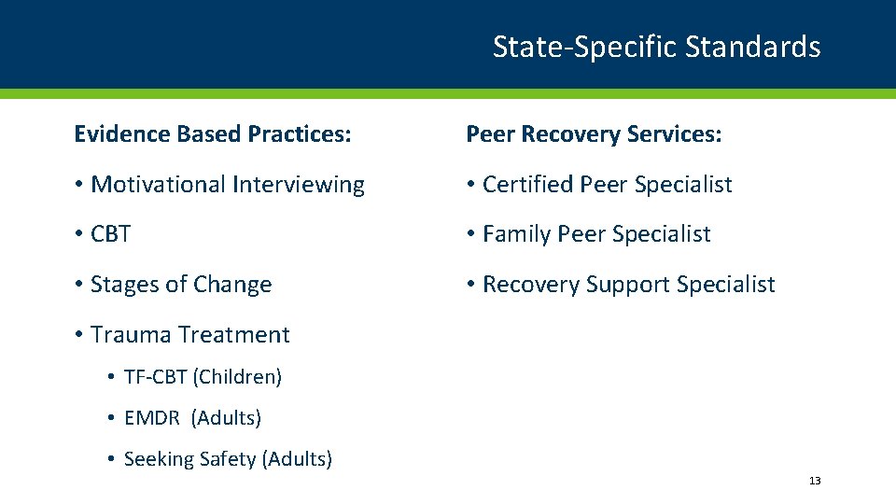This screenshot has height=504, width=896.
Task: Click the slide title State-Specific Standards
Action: coord(656,47)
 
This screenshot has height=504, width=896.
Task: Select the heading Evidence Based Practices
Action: coord(213,134)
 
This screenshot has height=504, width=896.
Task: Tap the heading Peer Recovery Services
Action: coord(594,134)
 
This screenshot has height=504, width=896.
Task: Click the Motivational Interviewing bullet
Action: coord(227,185)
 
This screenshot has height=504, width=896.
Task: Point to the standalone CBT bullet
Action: coord(110,234)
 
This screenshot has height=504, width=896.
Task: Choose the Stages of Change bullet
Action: coord(181,285)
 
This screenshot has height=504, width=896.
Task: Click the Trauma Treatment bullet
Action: coord(189,334)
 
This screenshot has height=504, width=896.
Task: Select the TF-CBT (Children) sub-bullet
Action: coord(202,377)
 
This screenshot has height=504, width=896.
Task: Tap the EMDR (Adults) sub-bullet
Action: coord(192,418)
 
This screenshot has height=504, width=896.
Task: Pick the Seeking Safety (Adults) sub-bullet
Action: coord(227,459)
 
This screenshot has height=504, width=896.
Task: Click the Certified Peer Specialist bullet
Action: coord(607,185)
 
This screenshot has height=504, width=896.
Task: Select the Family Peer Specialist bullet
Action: coord(596,234)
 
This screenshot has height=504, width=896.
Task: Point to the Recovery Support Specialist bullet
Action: coord(628,285)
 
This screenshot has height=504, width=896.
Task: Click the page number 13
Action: coord(815,481)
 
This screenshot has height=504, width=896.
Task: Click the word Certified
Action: coord(527,185)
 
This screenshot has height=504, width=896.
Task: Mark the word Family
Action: coord(516,234)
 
